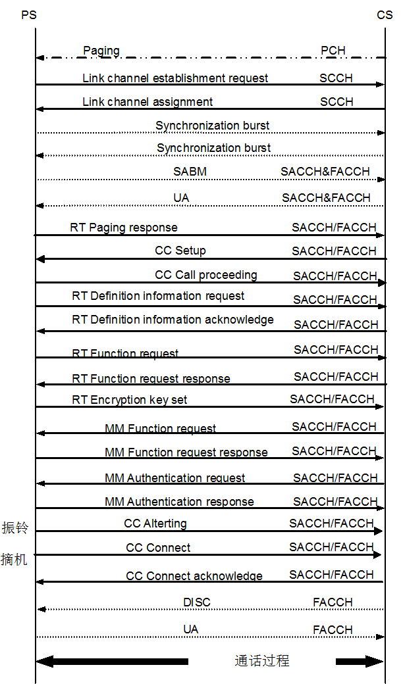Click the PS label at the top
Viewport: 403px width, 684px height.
(29, 15)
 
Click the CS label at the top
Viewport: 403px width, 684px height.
(385, 15)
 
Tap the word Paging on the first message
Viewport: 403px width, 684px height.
(101, 51)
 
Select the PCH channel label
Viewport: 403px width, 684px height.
(333, 51)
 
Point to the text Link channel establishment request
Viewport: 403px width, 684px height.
(175, 78)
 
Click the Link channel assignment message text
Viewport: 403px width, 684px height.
(148, 102)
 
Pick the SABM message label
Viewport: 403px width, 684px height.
(190, 172)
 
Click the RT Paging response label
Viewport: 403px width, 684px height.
(124, 228)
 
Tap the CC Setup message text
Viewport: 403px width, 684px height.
(180, 251)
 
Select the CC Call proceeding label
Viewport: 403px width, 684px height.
(205, 276)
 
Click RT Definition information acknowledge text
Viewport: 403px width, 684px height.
(173, 320)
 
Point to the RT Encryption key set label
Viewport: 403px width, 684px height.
(129, 400)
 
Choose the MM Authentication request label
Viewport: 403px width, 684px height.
(175, 478)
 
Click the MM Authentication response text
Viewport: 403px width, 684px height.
(179, 502)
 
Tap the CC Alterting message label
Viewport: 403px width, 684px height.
(155, 524)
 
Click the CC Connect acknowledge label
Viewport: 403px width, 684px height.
(194, 576)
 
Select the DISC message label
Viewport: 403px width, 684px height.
(196, 602)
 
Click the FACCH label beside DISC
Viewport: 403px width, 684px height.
(333, 602)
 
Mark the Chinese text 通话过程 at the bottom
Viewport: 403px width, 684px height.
(262, 661)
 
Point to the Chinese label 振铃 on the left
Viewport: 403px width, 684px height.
(15, 527)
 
